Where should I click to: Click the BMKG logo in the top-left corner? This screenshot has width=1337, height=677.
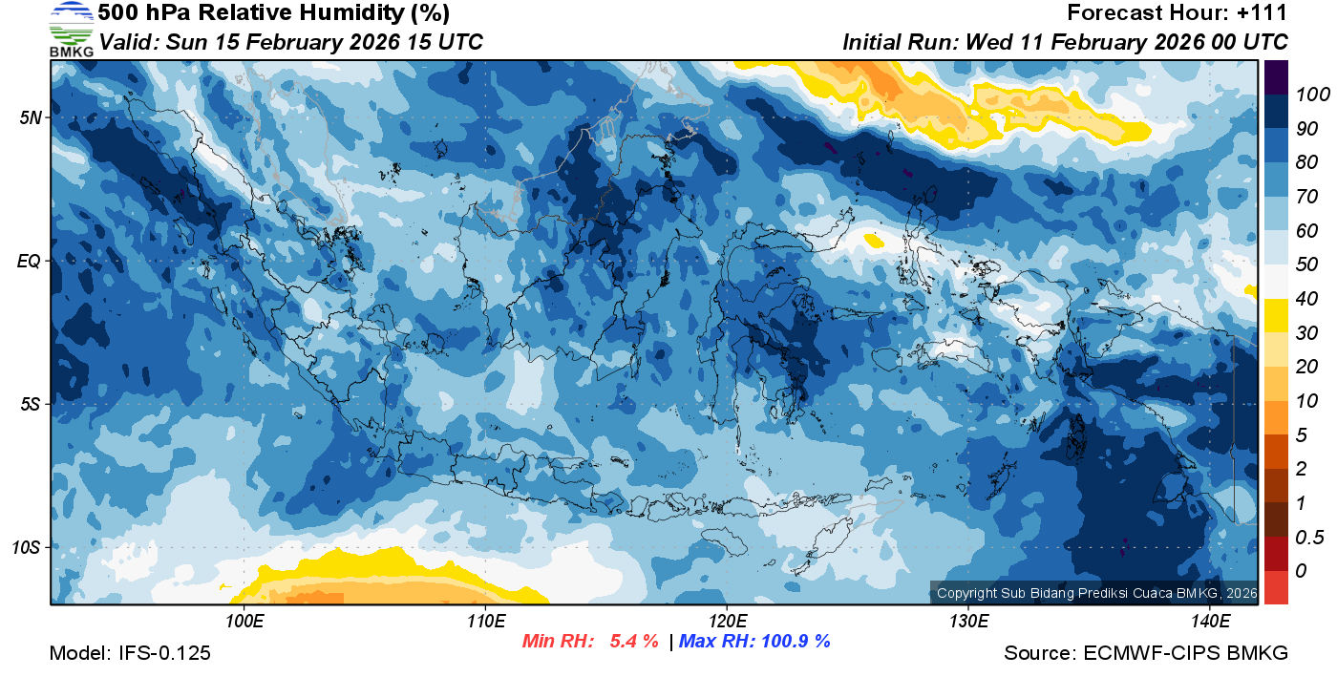[71, 29]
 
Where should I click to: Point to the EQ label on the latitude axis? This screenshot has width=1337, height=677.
[31, 261]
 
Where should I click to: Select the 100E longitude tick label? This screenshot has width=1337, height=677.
[244, 621]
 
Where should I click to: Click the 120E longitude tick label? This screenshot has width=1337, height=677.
[727, 621]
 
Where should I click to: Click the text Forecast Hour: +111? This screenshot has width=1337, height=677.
[1178, 13]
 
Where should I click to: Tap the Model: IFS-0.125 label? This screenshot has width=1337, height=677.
[130, 653]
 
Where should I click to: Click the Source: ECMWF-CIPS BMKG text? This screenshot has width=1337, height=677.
[1145, 653]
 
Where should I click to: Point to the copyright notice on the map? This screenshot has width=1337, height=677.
[1095, 593]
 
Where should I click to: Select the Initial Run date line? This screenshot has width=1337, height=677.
[1065, 42]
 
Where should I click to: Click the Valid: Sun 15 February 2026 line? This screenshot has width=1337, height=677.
[291, 42]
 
